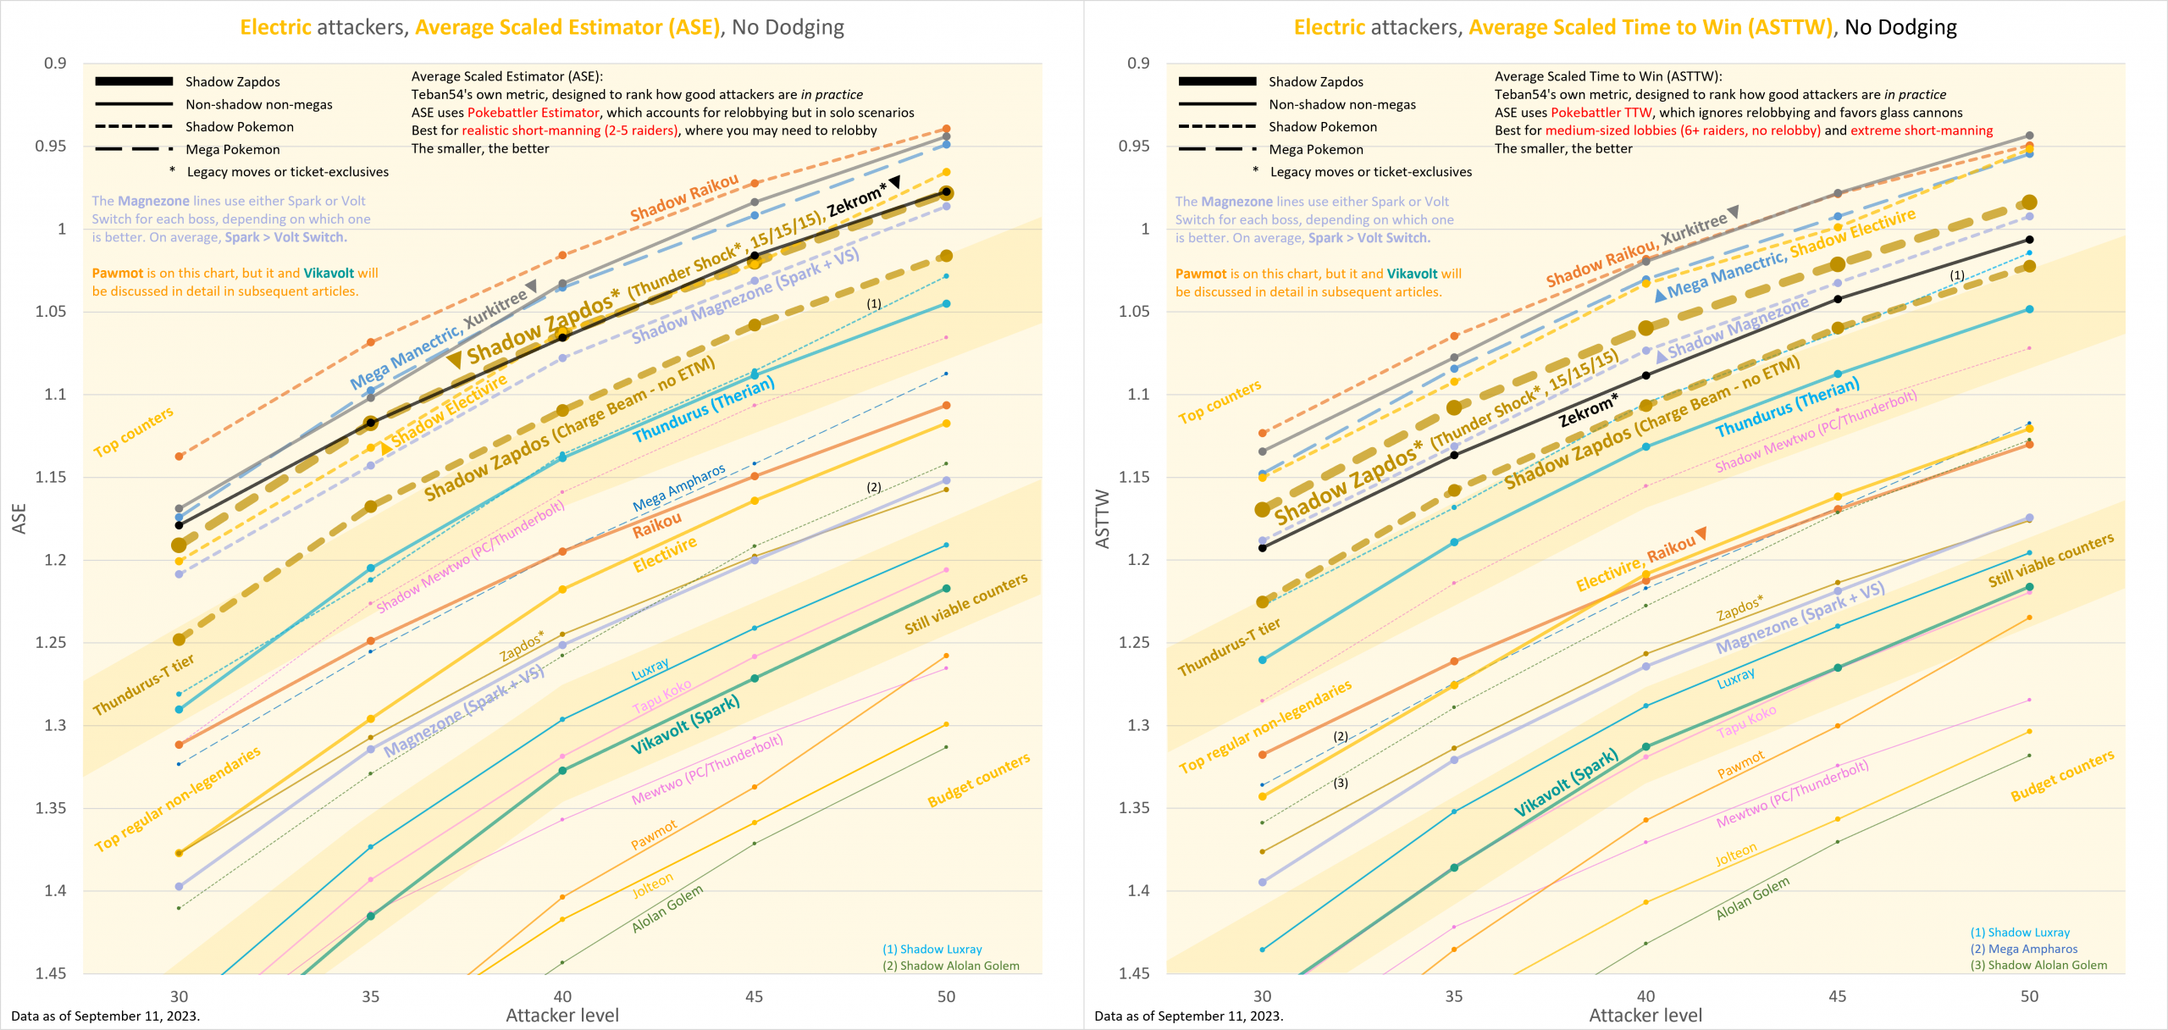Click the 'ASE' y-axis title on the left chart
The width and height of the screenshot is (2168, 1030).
[x=19, y=518]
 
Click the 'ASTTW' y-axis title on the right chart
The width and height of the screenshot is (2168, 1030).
[x=1102, y=518]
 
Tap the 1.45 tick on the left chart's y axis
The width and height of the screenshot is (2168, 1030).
[x=51, y=973]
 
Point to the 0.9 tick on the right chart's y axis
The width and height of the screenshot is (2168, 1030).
[x=1138, y=64]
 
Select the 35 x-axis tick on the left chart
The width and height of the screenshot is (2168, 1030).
[x=370, y=997]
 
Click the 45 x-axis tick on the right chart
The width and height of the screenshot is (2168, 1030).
[x=1837, y=997]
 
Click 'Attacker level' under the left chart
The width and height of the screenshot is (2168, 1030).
[x=562, y=1016]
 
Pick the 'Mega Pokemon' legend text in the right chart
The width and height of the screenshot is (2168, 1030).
[x=1315, y=149]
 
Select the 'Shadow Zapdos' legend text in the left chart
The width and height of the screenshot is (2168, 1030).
[x=232, y=81]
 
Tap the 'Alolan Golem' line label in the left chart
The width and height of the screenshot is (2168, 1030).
[x=667, y=909]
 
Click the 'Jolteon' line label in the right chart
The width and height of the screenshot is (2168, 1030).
[x=1736, y=855]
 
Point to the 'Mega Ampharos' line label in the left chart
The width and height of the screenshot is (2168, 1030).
[x=679, y=488]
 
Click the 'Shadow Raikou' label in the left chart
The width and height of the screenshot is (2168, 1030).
[x=684, y=198]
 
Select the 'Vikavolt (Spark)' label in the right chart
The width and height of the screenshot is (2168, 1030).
[x=1566, y=783]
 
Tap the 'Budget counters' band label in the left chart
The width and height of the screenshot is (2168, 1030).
[x=978, y=779]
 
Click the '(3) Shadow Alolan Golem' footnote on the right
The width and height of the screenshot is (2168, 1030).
[x=2038, y=966]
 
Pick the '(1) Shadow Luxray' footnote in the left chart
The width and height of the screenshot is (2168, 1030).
[x=932, y=950]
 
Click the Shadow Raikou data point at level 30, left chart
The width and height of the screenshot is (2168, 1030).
[x=179, y=457]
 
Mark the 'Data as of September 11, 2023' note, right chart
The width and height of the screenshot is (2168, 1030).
[x=1188, y=1016]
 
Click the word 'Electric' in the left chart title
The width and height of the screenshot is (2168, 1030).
[x=275, y=27]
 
